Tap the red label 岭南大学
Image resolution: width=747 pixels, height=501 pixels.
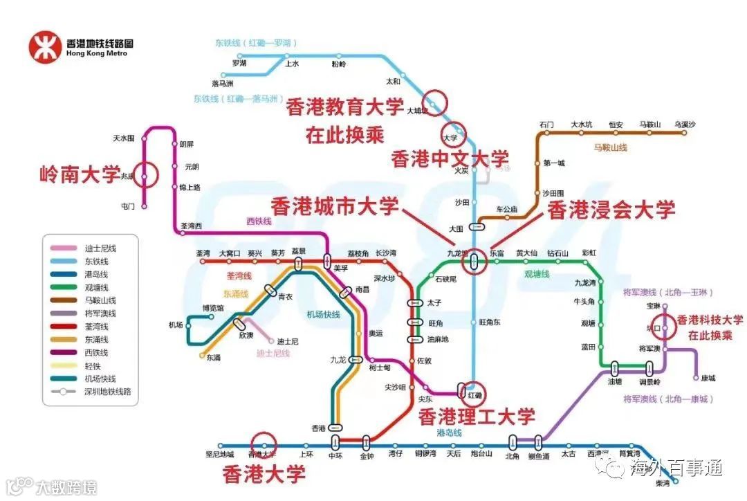point(80,174)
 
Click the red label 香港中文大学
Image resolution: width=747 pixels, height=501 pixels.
point(450,158)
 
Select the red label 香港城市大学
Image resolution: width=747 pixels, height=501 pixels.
point(335,206)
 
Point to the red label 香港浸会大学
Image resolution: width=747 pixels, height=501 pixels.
point(611,210)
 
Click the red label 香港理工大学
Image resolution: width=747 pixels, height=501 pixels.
point(477,416)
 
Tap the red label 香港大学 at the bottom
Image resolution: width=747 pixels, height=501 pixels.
point(264,474)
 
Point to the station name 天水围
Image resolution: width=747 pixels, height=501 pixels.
point(123,138)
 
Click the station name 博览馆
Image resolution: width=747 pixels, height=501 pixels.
point(213,308)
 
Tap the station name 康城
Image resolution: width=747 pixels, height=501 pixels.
point(708,378)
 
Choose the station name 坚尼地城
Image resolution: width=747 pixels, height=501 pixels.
point(220,455)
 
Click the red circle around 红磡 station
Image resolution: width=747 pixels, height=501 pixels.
point(472,392)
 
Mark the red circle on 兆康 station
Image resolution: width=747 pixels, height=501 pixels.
point(145,176)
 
